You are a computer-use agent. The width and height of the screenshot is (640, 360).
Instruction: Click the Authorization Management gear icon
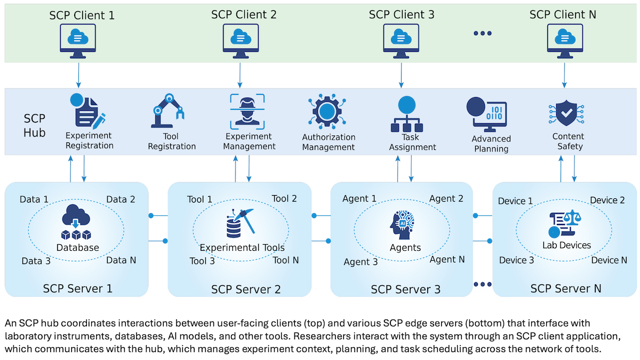(327, 113)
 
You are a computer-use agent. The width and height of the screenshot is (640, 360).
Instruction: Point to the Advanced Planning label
(491, 143)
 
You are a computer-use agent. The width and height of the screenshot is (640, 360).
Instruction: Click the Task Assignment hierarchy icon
(406, 114)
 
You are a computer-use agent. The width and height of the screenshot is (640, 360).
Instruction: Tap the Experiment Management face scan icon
(247, 111)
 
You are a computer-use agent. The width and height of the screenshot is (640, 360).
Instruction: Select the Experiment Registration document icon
(88, 111)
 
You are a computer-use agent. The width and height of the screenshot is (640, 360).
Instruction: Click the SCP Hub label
(35, 125)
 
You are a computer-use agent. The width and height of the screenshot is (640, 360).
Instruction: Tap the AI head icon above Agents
(405, 224)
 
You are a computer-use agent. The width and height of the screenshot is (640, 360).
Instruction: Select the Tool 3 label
(202, 261)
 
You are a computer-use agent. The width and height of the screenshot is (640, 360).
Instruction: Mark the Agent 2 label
(446, 199)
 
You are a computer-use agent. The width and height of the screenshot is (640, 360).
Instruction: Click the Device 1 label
(515, 201)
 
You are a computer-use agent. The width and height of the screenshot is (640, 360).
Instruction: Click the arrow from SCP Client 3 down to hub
(401, 75)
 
